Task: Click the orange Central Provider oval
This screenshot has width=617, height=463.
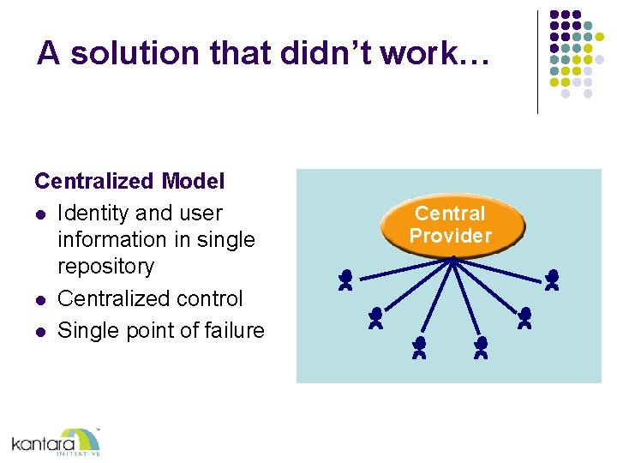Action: [451, 225]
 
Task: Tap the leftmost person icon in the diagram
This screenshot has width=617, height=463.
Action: [345, 280]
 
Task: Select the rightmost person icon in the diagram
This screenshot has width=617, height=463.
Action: [553, 280]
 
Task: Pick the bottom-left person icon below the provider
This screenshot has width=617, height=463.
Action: [419, 347]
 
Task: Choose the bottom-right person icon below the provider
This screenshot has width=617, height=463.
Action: [481, 347]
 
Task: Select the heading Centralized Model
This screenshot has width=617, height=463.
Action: [129, 181]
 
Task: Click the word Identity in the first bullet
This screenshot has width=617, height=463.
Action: [93, 213]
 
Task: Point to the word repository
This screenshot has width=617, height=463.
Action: [105, 266]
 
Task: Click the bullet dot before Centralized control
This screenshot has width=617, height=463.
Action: [39, 299]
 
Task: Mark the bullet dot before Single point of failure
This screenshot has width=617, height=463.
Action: [39, 331]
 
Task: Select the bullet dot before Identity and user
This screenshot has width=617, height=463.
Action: [39, 213]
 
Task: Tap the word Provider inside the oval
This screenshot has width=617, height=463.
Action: [451, 236]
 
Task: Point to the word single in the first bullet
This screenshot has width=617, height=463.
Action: [225, 239]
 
